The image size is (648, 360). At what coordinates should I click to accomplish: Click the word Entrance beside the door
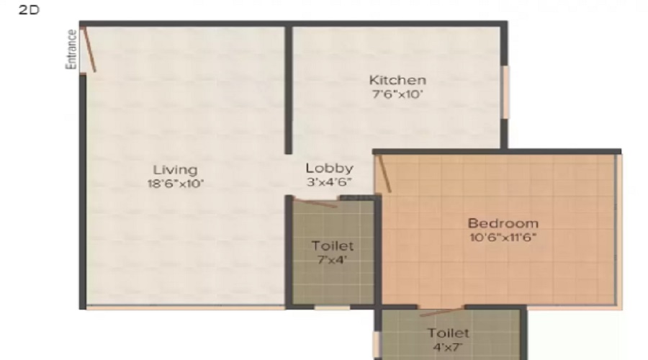coord(71,49)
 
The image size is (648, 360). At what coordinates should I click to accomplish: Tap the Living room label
coord(175,170)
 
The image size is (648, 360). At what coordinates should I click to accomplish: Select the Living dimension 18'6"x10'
coord(175,184)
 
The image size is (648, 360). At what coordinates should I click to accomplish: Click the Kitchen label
coord(397,80)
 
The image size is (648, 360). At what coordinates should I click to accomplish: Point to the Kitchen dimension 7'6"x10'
coord(397,94)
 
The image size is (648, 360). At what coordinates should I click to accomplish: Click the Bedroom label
coord(503,223)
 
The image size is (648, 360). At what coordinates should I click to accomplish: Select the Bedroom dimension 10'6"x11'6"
coord(503,237)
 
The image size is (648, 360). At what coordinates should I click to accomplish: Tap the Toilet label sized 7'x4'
coord(332,246)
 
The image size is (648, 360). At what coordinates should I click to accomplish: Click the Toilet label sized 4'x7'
coord(448,333)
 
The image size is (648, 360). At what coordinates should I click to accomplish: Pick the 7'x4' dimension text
coord(332,259)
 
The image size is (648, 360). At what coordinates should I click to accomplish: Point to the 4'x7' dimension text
coord(448,346)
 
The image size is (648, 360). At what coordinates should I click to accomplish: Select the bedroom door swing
coord(383,174)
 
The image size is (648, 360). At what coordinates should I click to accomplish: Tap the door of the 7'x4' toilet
coord(315,202)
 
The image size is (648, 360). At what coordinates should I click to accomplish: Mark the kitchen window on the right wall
coord(505,92)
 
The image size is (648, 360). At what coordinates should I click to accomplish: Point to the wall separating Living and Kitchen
coord(288,90)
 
